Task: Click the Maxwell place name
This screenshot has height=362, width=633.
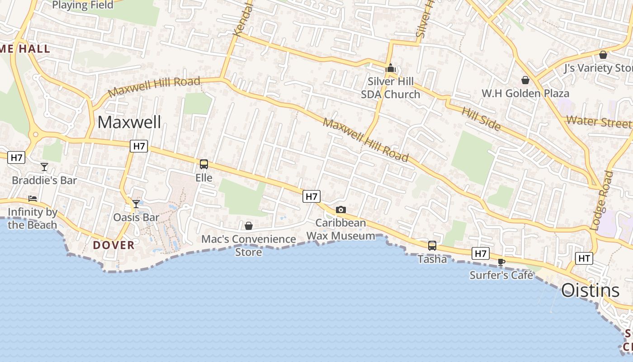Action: [129, 122]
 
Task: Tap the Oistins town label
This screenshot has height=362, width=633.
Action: [590, 290]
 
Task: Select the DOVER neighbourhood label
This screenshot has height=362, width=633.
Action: [114, 245]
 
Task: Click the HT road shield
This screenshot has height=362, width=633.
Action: [584, 258]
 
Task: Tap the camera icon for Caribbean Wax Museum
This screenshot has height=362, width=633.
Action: [341, 210]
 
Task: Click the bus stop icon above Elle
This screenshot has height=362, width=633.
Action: [204, 164]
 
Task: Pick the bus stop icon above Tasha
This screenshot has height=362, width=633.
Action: [432, 245]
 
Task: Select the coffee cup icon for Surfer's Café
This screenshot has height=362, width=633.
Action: [501, 262]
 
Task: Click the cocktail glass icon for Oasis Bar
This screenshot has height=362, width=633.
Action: [136, 204]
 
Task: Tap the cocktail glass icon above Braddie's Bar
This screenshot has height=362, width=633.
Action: [44, 167]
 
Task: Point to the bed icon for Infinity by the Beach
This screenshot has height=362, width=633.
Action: [33, 198]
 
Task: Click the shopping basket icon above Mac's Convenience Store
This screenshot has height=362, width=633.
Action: [249, 225]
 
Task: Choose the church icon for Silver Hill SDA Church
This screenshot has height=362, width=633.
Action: [390, 68]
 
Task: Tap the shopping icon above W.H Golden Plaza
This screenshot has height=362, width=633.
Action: [525, 80]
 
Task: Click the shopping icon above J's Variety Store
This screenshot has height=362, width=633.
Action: [603, 55]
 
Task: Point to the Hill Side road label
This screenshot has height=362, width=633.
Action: [481, 119]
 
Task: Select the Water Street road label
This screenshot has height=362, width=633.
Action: [599, 122]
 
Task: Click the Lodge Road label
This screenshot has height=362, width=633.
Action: [601, 200]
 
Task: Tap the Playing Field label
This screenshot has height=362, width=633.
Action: [83, 5]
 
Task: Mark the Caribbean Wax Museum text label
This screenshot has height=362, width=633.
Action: [341, 229]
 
